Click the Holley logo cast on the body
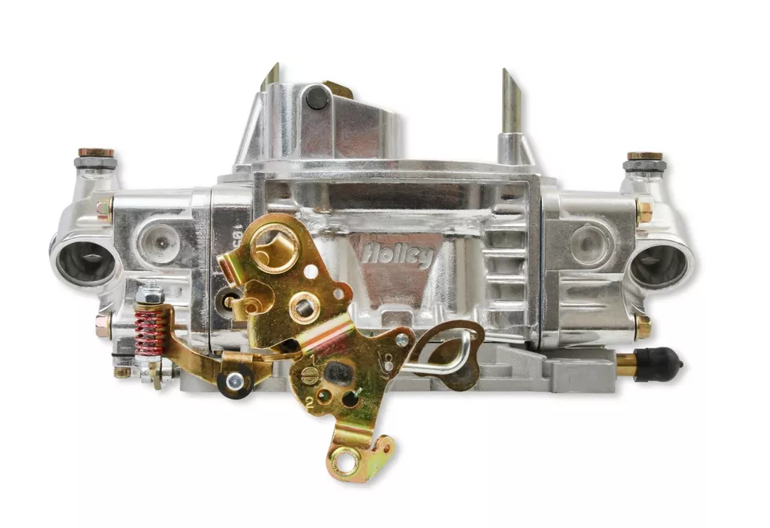pos(396,254)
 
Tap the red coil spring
pos(151,330)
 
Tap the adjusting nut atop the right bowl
pos(643,156)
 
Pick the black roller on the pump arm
pos(235,382)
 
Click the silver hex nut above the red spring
pos(149,296)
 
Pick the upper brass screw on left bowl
pos(103,209)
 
